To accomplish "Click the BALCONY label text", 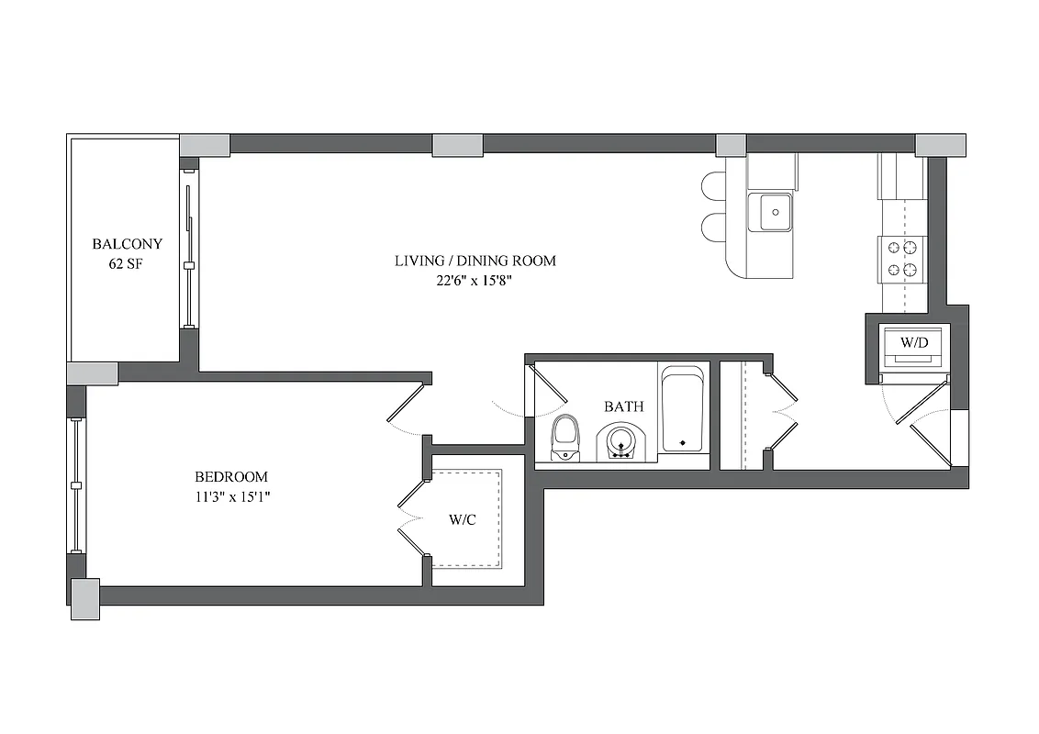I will click(x=127, y=244).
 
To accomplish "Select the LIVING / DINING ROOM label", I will click(x=475, y=261).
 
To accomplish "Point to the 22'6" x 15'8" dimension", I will click(x=475, y=281).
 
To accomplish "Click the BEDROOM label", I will click(x=230, y=477).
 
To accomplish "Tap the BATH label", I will click(x=623, y=406).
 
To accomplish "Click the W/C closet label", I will click(x=462, y=520).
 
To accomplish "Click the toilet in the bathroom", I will click(x=564, y=438).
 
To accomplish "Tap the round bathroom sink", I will click(x=622, y=442).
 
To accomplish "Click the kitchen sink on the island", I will click(x=769, y=213).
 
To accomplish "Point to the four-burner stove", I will click(x=903, y=258).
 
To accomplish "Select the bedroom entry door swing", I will click(x=406, y=408).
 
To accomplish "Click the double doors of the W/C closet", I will click(x=411, y=517).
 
